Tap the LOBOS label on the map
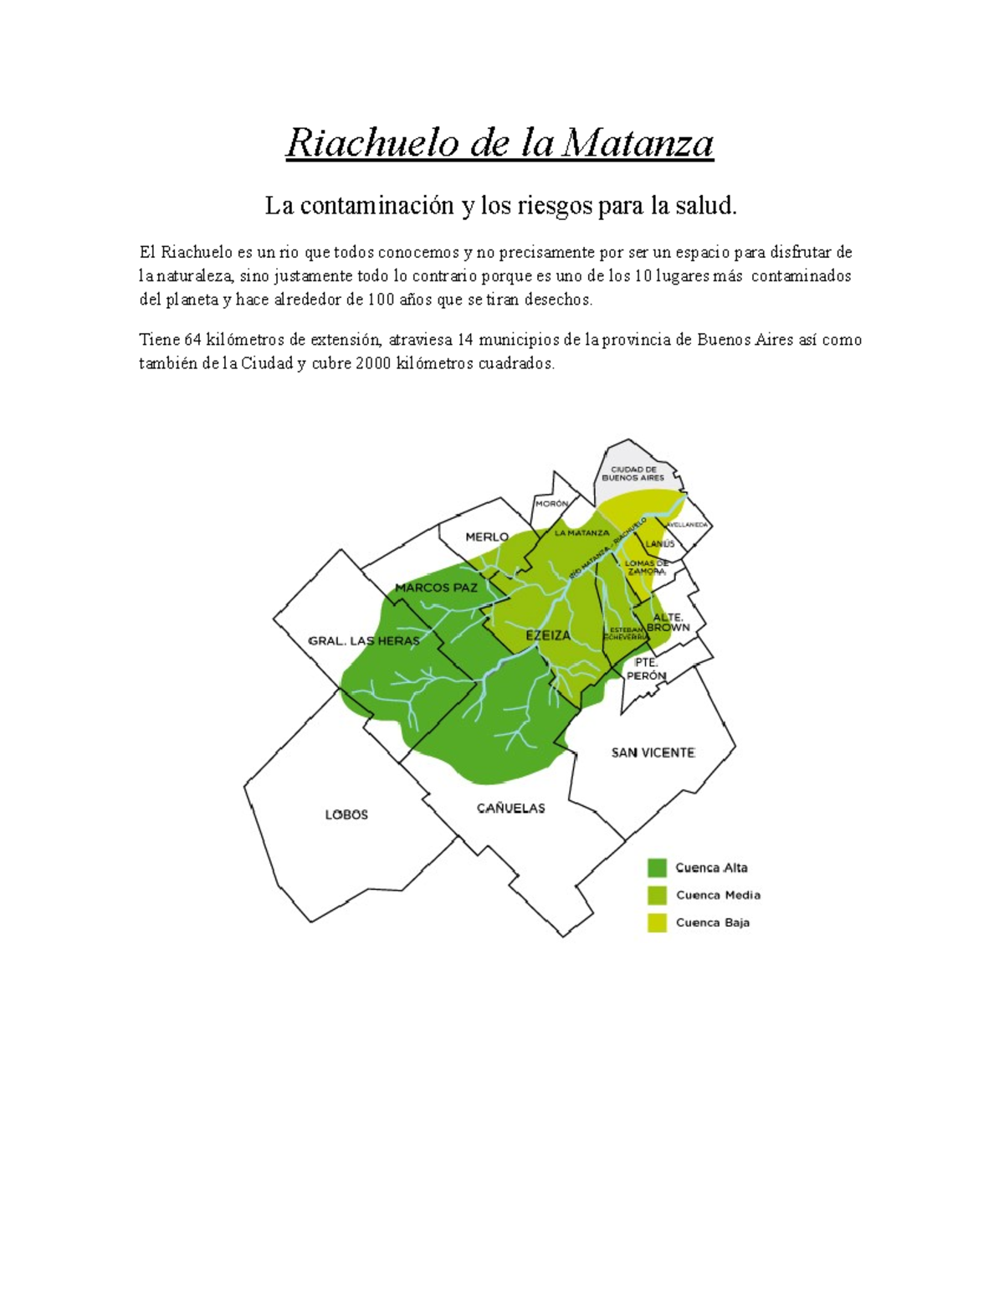click(346, 814)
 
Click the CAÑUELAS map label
click(511, 808)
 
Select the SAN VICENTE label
click(653, 753)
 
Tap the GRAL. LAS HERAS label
click(364, 640)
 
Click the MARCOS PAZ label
click(436, 588)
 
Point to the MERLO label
click(487, 537)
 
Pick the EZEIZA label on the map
click(548, 635)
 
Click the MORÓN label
click(552, 504)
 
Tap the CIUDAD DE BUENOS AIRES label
click(633, 474)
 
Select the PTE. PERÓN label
click(646, 669)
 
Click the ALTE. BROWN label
click(668, 622)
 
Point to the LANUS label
click(660, 543)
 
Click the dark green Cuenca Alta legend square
click(657, 868)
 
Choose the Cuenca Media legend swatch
click(657, 895)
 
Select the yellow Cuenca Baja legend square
click(657, 922)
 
